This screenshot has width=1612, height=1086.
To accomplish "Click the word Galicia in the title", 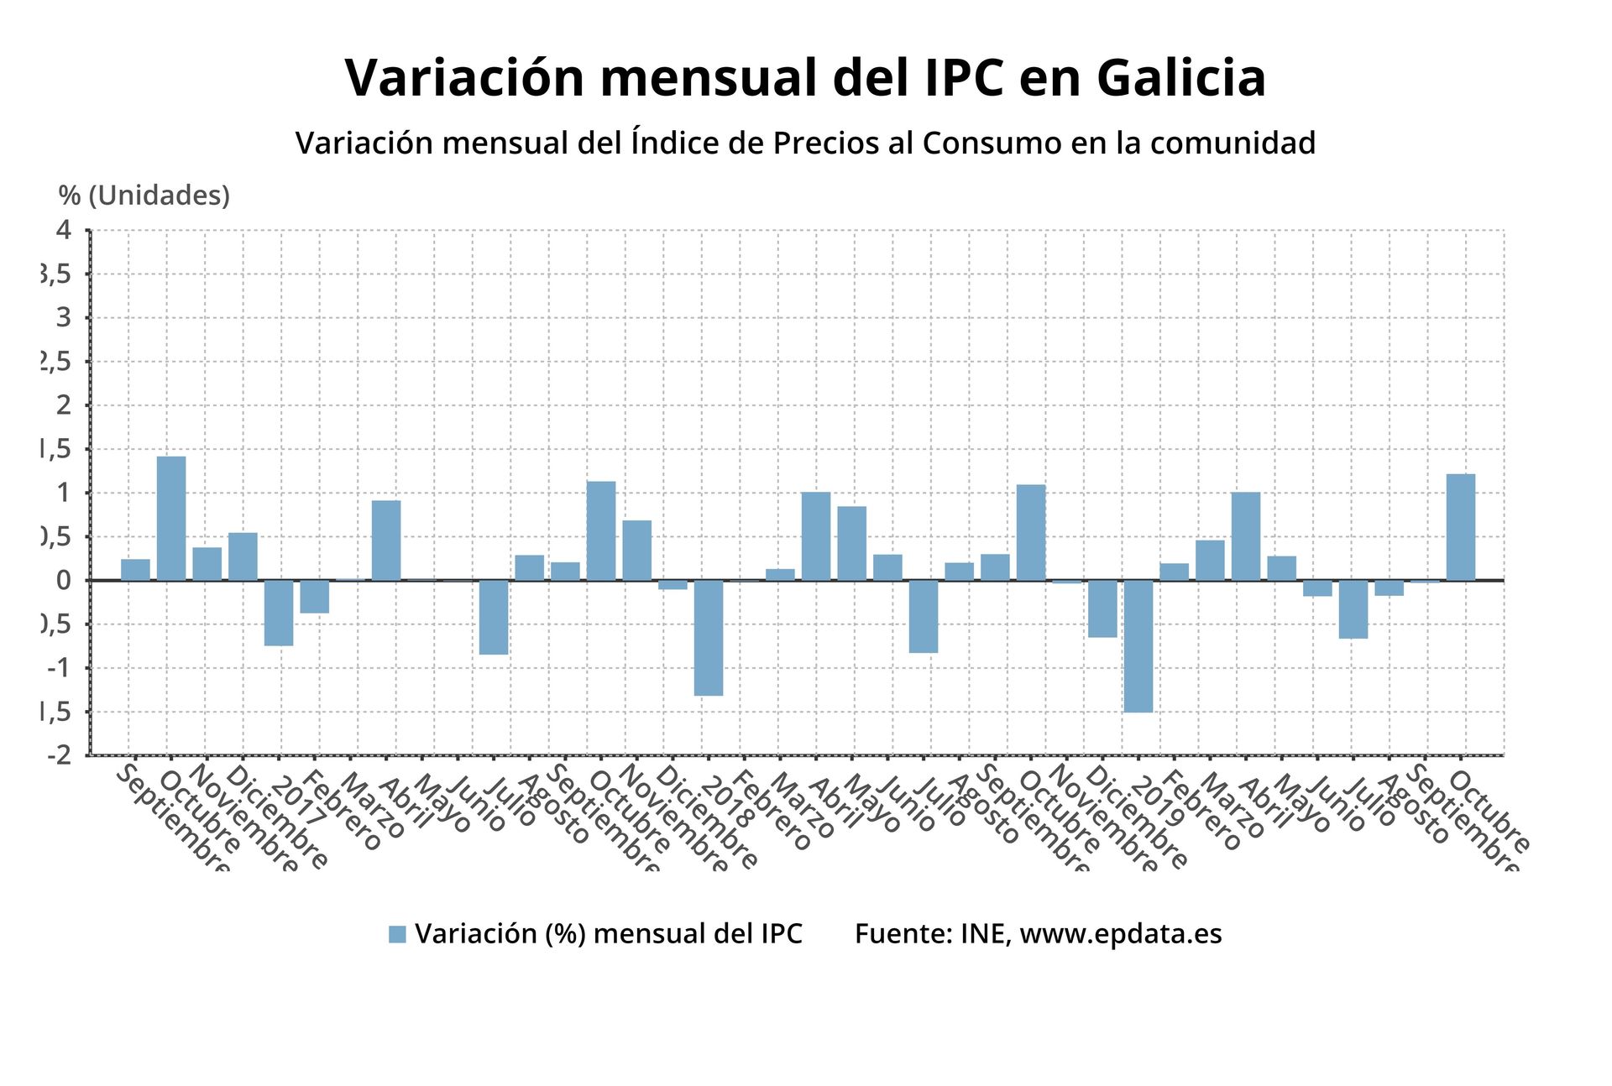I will point(1180,78).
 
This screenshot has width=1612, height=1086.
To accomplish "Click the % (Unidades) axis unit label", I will point(144,196).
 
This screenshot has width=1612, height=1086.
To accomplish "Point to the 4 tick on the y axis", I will point(64,230).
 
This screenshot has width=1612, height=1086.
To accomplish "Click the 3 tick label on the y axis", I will point(64,317).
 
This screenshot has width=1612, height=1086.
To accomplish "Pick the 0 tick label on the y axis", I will point(64,580).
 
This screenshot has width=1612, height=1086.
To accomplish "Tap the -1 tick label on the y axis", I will point(59,668).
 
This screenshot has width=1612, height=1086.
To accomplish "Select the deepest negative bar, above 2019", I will point(1138,646).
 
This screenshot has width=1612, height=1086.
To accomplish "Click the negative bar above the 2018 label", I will point(708,638).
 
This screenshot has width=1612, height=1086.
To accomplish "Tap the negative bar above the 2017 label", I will point(279,613).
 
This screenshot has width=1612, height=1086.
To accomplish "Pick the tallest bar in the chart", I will point(171,518).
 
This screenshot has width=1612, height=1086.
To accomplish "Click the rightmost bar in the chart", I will point(1460,527).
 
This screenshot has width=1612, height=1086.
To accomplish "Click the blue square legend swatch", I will point(397,934).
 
